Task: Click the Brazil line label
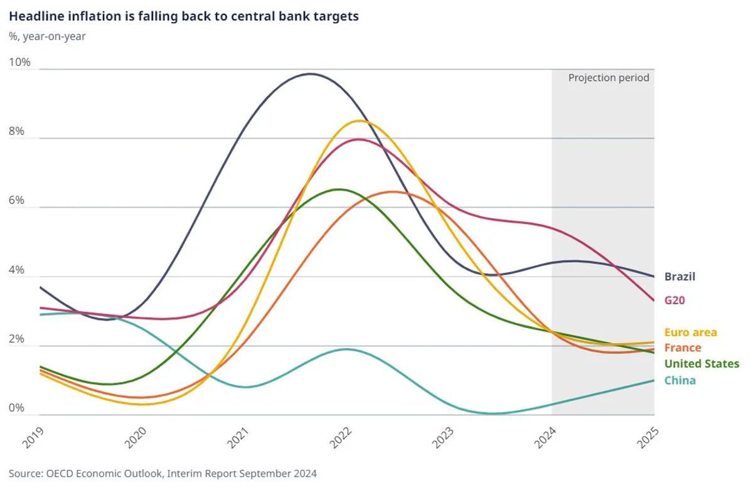click(680, 277)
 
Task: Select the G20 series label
click(675, 300)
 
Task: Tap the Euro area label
click(690, 332)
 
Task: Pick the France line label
click(683, 347)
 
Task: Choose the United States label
click(702, 364)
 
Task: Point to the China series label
click(680, 381)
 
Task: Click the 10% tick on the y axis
click(19, 62)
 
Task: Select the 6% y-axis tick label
click(16, 200)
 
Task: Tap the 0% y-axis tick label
click(16, 408)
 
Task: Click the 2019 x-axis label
click(33, 438)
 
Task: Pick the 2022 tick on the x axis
click(340, 438)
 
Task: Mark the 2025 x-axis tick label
click(648, 438)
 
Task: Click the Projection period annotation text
click(609, 78)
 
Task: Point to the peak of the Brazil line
click(310, 74)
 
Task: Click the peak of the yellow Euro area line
click(360, 120)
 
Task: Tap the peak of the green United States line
click(339, 189)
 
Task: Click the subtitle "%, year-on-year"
click(47, 36)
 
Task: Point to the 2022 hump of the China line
click(346, 349)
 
